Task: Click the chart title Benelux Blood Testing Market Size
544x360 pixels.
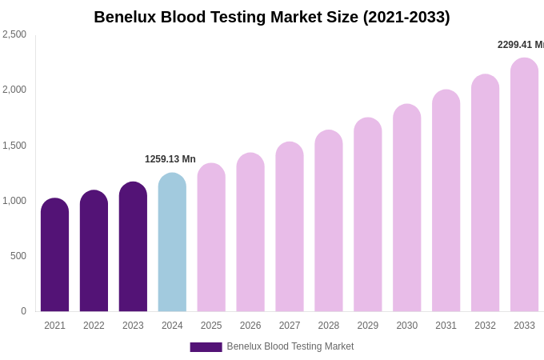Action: [x=272, y=17]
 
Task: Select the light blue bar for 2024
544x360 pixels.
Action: [x=172, y=244]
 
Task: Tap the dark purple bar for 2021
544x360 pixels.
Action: [x=54, y=256]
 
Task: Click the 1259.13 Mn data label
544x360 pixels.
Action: [x=170, y=159]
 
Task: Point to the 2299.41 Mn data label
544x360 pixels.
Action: [x=520, y=45]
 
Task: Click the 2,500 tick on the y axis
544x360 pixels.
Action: [x=14, y=34]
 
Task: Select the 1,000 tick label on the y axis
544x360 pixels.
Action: [x=14, y=201]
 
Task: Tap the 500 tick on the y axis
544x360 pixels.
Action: [x=18, y=256]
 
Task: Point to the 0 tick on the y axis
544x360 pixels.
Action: [x=23, y=311]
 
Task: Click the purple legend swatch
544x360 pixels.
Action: [x=206, y=347]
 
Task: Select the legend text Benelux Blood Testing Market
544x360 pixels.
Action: [x=290, y=346]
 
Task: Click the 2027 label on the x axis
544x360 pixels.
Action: [x=290, y=326]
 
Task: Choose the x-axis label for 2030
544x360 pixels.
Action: [x=406, y=326]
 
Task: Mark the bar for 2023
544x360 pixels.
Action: [x=133, y=248]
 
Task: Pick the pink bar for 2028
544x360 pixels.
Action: [x=329, y=222]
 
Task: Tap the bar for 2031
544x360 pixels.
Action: [x=446, y=202]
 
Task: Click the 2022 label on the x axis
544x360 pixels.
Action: [x=94, y=326]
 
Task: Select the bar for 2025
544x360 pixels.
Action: [x=211, y=238]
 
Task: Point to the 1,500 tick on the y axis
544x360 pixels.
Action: [x=14, y=146]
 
